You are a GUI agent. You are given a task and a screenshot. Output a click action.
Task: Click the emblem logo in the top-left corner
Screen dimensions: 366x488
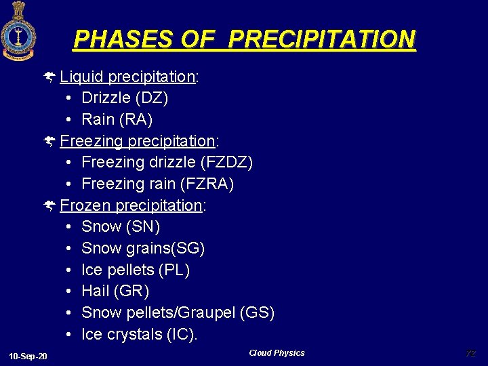[x=18, y=30]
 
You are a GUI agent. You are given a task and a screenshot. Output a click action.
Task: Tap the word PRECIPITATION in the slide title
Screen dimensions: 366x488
[x=321, y=39]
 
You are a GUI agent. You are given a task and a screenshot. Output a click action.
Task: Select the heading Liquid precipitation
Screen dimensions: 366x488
[x=129, y=77]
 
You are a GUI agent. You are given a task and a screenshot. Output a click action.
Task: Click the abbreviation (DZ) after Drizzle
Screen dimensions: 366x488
[x=152, y=98]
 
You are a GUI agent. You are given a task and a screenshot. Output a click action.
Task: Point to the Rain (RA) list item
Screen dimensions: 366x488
[x=117, y=120]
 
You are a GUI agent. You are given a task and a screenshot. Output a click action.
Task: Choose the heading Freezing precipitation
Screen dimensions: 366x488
[x=138, y=141]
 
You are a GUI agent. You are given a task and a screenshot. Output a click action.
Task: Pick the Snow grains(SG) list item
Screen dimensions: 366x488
[x=143, y=249]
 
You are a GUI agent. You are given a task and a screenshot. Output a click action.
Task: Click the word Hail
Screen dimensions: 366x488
[x=96, y=291]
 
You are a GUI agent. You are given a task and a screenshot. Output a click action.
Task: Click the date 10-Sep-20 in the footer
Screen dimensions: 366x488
[x=28, y=357]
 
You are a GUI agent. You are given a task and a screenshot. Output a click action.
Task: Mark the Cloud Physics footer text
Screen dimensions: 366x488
[x=277, y=353]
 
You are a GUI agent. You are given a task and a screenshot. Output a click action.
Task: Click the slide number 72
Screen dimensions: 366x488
[x=470, y=353]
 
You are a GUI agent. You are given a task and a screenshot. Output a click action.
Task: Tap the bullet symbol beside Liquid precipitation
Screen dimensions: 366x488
[x=50, y=77]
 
